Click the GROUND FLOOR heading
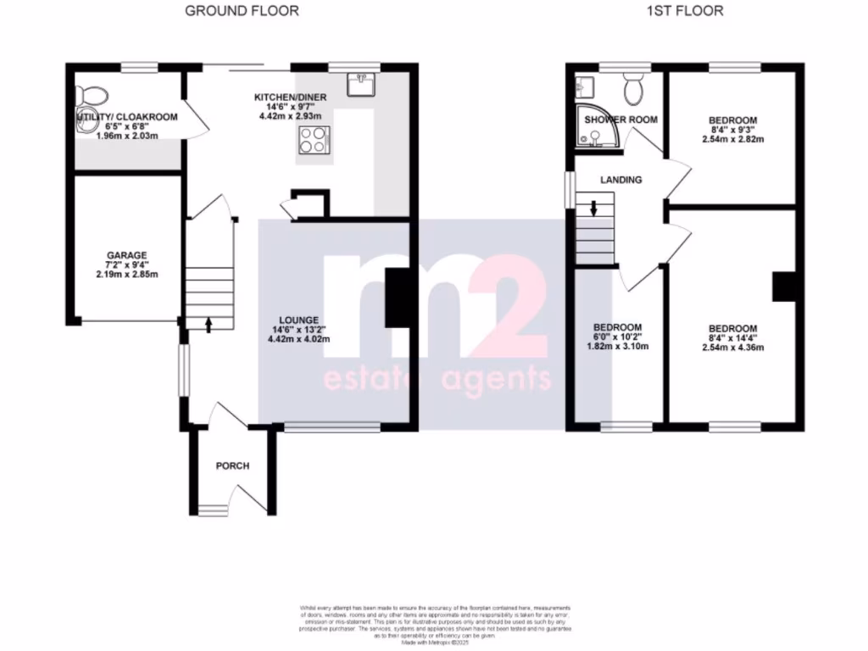pyautogui.click(x=242, y=11)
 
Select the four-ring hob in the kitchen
pyautogui.click(x=314, y=140)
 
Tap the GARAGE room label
pyautogui.click(x=126, y=255)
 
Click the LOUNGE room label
pyautogui.click(x=301, y=320)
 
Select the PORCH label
pyautogui.click(x=232, y=466)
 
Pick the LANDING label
pyautogui.click(x=620, y=180)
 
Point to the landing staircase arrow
pyautogui.click(x=593, y=206)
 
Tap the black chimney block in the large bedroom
pyautogui.click(x=783, y=287)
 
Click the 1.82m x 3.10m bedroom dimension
pyautogui.click(x=617, y=347)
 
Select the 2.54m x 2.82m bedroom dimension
pyautogui.click(x=732, y=139)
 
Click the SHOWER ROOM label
pyautogui.click(x=620, y=120)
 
